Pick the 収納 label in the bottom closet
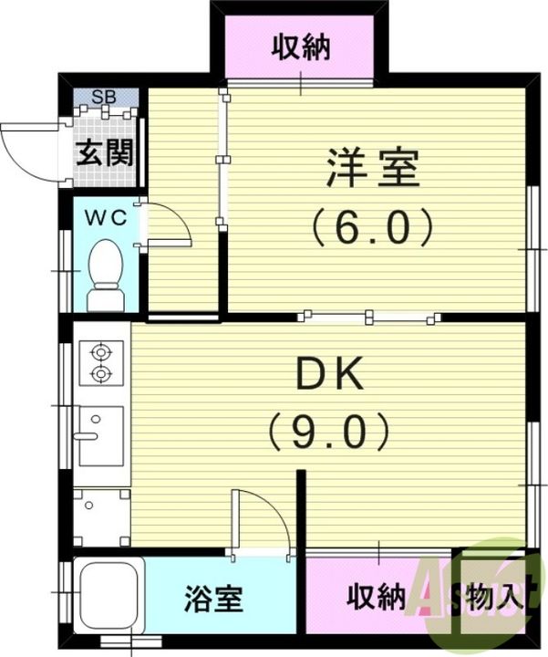tap(376, 598)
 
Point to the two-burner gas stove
tap(99, 360)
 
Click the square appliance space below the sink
tap(100, 516)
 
